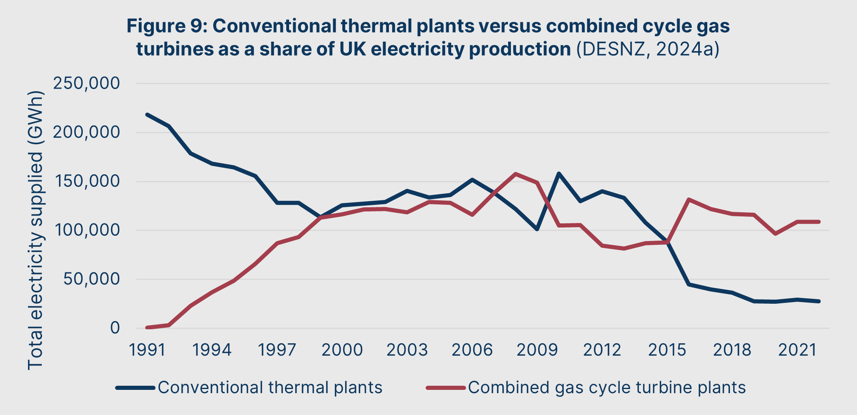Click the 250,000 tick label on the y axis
[87, 84]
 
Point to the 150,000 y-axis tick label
[87, 181]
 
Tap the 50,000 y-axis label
[92, 279]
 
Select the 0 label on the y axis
[115, 328]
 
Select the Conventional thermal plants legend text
[270, 388]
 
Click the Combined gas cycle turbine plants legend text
[607, 388]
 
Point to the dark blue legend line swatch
[135, 388]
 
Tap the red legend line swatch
[446, 388]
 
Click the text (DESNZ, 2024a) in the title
[648, 49]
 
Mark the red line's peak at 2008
[516, 174]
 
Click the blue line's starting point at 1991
[147, 115]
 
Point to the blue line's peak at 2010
[559, 174]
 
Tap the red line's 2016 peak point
[689, 199]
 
